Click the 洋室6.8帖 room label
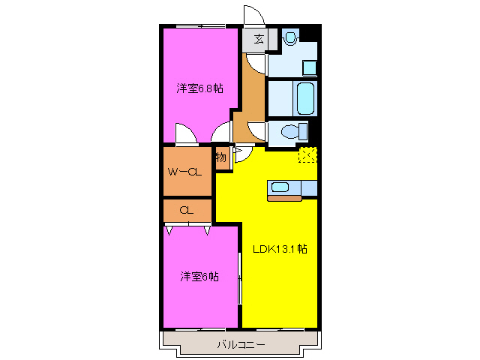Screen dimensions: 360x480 coord(199,88)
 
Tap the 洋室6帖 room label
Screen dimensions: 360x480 coord(199,276)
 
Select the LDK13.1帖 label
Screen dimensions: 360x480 coord(279,250)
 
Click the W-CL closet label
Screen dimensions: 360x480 coord(184,172)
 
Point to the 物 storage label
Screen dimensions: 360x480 coord(221,157)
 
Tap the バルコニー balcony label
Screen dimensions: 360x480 coord(241,344)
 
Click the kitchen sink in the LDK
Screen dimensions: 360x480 coord(280,187)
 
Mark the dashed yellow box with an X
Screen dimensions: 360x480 coord(307,155)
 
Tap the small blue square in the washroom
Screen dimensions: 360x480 coord(310,67)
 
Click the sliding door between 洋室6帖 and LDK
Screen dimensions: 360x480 coord(240,277)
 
